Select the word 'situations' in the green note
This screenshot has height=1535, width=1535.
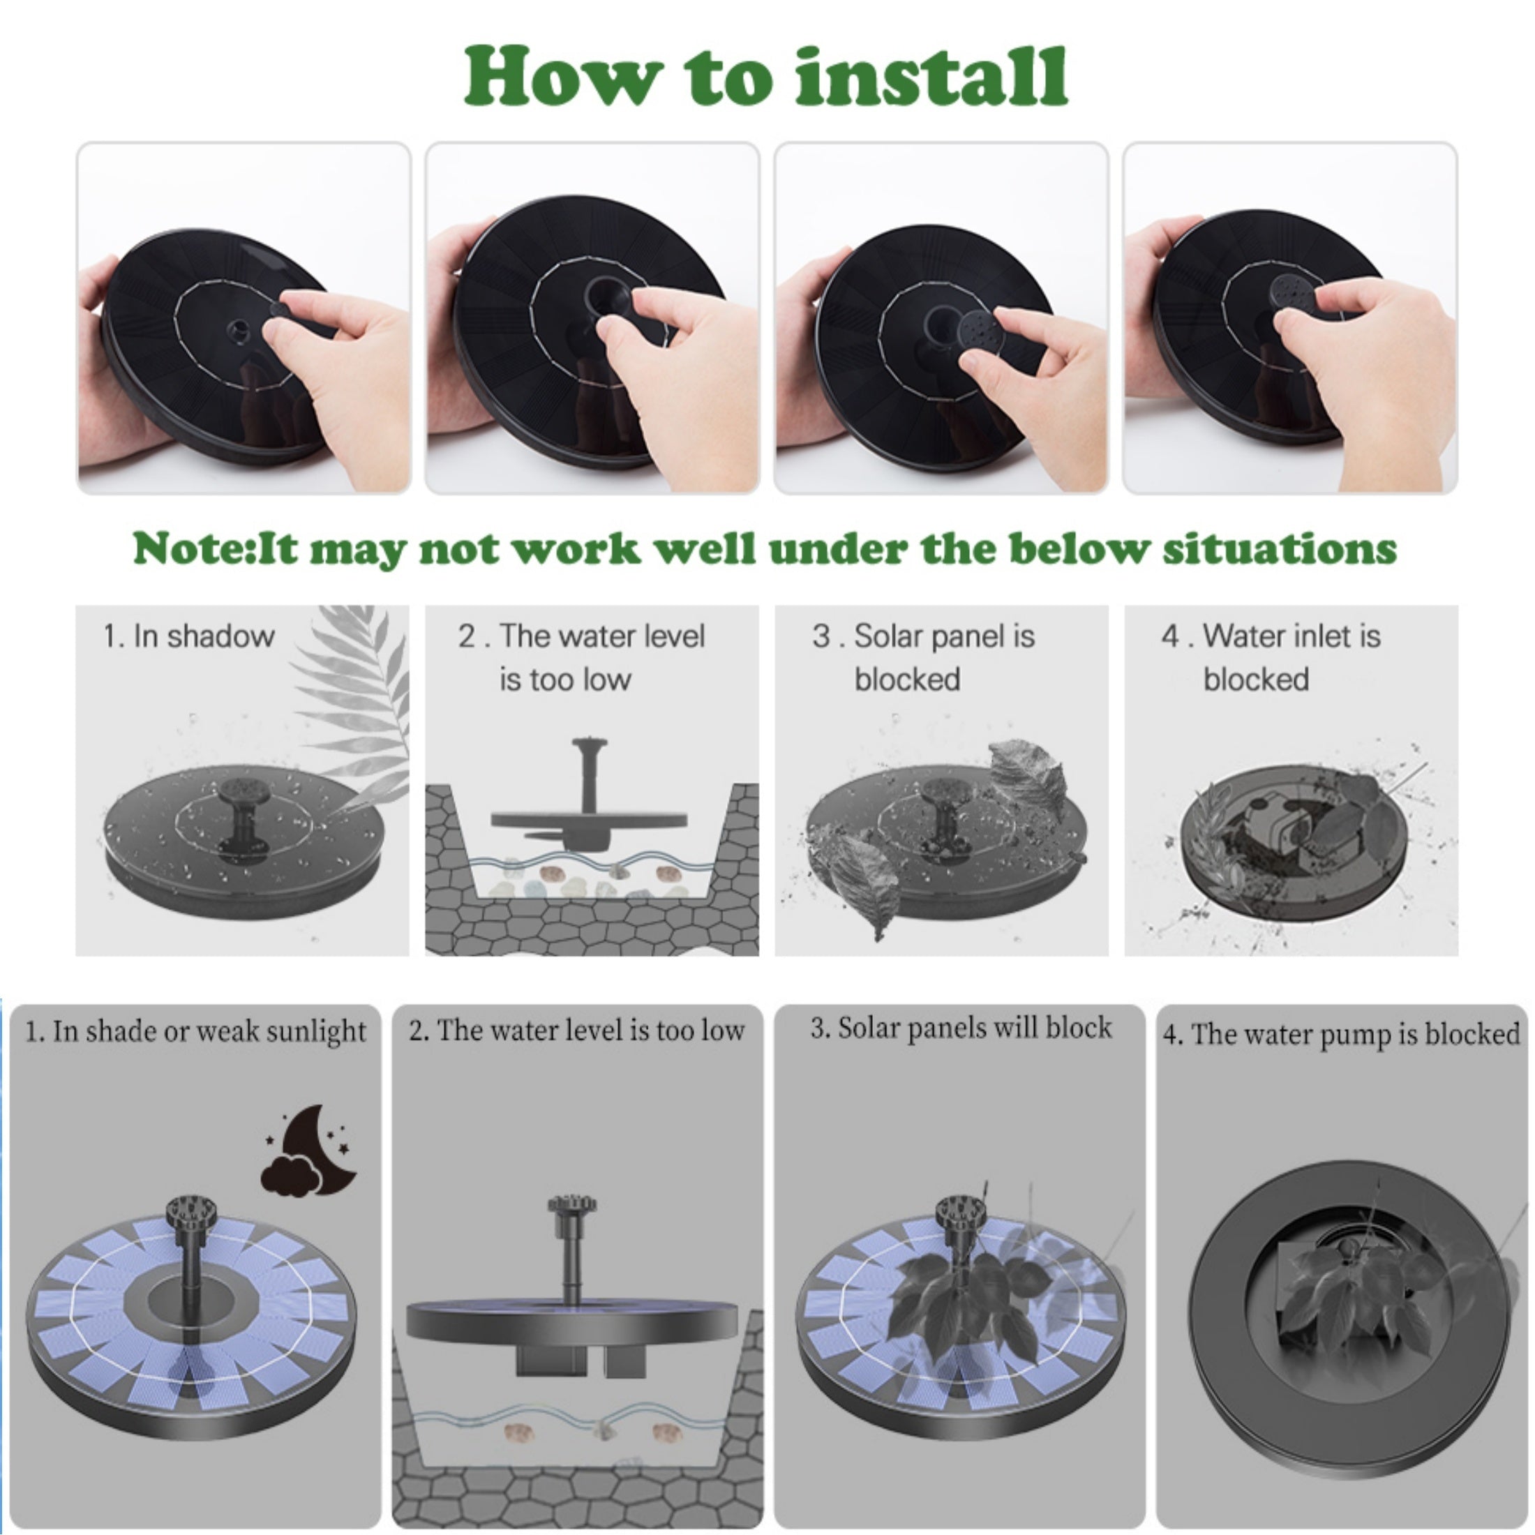1279,548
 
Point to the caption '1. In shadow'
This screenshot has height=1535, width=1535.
189,636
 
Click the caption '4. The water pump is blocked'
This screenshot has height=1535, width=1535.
1341,1035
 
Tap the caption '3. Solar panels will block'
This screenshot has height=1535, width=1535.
961,1028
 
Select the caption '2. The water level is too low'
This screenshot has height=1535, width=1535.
577,1031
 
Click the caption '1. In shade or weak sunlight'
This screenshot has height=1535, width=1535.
195,1032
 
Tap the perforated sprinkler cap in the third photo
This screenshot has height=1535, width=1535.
979,333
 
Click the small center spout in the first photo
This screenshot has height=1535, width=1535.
237,327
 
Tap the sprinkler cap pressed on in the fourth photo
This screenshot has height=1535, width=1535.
1293,292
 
